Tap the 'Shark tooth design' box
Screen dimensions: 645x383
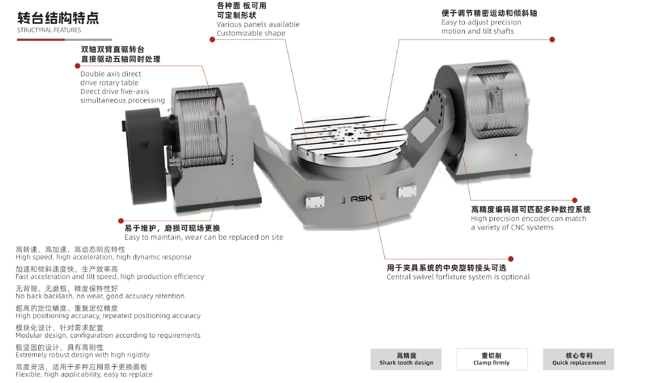(406, 359)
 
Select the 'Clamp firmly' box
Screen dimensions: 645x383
(492, 359)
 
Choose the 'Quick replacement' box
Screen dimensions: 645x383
(578, 359)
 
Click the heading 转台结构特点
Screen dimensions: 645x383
(58, 18)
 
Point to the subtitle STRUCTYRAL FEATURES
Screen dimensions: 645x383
(49, 30)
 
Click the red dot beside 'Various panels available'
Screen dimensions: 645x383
(212, 39)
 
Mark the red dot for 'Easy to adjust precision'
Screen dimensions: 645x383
(552, 39)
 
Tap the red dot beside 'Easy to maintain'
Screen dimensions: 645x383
(121, 221)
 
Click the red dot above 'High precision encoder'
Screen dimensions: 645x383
(575, 200)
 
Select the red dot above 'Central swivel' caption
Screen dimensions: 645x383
(511, 259)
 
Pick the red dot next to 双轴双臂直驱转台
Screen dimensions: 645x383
(78, 66)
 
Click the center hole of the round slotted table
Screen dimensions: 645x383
(348, 134)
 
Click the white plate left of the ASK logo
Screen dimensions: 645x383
(315, 201)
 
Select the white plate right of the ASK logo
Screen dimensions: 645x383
(407, 192)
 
